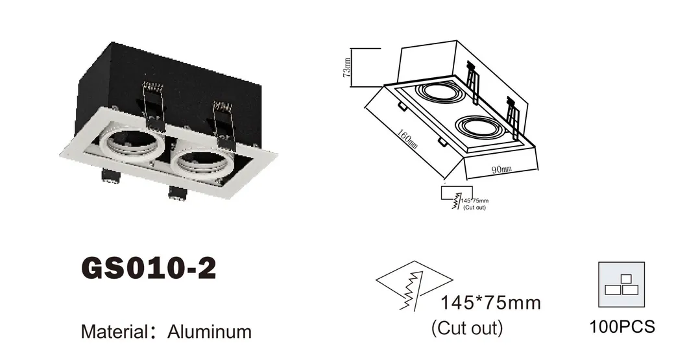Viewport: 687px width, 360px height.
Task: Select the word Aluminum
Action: click(x=209, y=331)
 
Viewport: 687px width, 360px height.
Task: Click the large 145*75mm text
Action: click(x=490, y=303)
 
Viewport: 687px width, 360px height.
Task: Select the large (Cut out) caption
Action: click(x=467, y=328)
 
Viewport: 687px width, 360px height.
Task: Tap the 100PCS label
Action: click(x=622, y=326)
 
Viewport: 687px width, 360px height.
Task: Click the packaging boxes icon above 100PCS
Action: click(x=622, y=285)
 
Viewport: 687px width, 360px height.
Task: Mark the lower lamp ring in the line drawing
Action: click(x=481, y=128)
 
